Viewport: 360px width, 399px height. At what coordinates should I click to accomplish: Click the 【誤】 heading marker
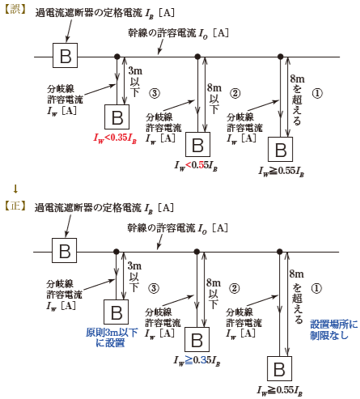pyautogui.click(x=15, y=10)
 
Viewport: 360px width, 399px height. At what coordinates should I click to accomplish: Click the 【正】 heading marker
pyautogui.click(x=15, y=206)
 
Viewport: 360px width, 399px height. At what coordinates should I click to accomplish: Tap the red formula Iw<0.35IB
pyautogui.click(x=115, y=138)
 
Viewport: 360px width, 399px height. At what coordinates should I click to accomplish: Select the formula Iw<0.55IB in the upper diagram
pyautogui.click(x=196, y=166)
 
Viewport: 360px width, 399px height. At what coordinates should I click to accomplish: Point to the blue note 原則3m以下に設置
pyautogui.click(x=112, y=337)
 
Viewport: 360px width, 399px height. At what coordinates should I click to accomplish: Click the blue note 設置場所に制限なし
pyautogui.click(x=334, y=329)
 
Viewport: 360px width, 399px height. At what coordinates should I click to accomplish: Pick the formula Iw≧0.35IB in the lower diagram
pyautogui.click(x=197, y=361)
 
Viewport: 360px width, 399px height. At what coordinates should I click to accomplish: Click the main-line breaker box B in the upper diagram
pyautogui.click(x=65, y=55)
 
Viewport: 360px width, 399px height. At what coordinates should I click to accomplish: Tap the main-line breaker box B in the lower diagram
pyautogui.click(x=64, y=250)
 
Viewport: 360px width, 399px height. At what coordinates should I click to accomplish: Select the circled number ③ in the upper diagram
pyautogui.click(x=155, y=93)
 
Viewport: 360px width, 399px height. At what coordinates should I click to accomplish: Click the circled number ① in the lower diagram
pyautogui.click(x=316, y=288)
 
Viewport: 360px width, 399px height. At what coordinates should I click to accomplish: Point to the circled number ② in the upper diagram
pyautogui.click(x=235, y=93)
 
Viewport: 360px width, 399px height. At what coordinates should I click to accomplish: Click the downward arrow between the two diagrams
pyautogui.click(x=15, y=189)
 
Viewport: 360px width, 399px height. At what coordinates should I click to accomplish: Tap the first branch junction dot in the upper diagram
pyautogui.click(x=116, y=57)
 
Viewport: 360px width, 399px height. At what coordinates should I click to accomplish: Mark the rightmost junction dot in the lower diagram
pyautogui.click(x=280, y=252)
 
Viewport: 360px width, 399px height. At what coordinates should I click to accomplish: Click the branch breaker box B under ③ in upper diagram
pyautogui.click(x=116, y=117)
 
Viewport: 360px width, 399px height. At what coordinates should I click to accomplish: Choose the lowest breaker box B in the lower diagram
pyautogui.click(x=279, y=368)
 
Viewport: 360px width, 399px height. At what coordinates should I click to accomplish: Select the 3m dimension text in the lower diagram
pyautogui.click(x=134, y=266)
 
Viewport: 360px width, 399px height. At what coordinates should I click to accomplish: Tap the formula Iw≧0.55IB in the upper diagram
pyautogui.click(x=282, y=172)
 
